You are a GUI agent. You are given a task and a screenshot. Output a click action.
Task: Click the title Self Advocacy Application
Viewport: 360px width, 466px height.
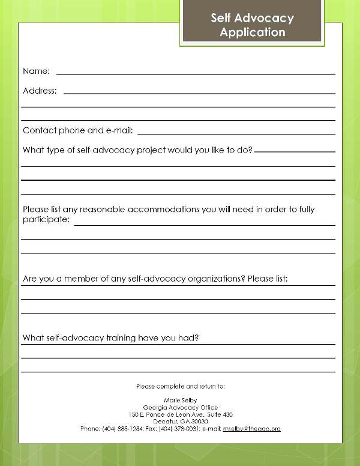click(252, 25)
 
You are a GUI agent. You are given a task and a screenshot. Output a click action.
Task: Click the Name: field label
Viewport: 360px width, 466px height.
click(36, 71)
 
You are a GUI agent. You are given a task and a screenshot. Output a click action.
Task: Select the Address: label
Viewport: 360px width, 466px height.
click(40, 91)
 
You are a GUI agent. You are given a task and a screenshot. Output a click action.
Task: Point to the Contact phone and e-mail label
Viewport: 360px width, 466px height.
click(77, 130)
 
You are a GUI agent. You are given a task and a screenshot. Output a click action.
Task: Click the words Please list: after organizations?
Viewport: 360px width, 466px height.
click(268, 279)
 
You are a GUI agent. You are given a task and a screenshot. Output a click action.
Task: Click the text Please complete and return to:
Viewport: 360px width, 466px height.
click(181, 385)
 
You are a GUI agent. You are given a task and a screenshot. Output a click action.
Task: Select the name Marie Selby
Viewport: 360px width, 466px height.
click(181, 400)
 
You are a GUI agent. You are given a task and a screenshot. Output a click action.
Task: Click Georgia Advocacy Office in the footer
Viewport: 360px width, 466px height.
click(181, 407)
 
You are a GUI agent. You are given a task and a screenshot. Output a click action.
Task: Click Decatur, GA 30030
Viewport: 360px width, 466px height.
click(181, 422)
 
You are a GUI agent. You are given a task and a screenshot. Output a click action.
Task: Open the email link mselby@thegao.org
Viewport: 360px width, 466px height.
click(252, 429)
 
